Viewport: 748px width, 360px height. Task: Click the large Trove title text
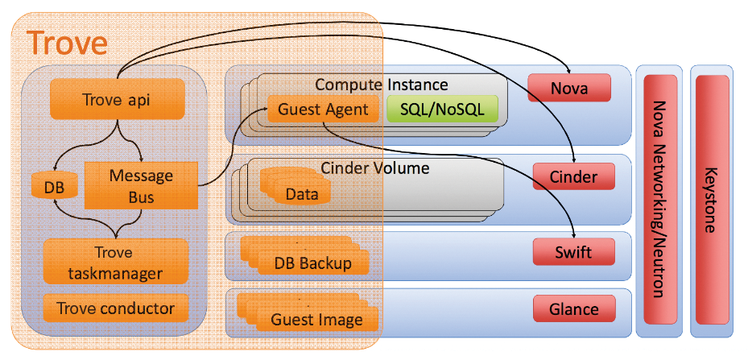tap(67, 43)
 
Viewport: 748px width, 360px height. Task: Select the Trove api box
tap(117, 100)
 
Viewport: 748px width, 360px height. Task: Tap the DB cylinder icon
tap(54, 187)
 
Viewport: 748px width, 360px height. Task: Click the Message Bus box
tap(141, 185)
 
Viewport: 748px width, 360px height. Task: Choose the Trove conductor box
tap(114, 308)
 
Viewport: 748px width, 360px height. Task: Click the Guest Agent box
tap(323, 109)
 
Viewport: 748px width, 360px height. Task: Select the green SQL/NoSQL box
tap(442, 109)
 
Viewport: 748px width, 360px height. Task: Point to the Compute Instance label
tap(381, 85)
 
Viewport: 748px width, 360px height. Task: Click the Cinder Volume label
tap(374, 168)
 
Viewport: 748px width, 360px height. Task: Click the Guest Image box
tap(316, 319)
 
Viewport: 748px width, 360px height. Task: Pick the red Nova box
tap(569, 88)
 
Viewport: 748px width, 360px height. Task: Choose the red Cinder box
tap(573, 176)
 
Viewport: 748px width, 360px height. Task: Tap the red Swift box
tap(573, 253)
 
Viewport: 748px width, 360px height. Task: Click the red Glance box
tap(573, 308)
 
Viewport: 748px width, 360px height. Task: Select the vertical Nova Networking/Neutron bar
tap(659, 200)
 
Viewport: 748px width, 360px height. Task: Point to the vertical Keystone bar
tap(711, 200)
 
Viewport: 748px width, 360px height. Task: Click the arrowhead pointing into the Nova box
tap(569, 72)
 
